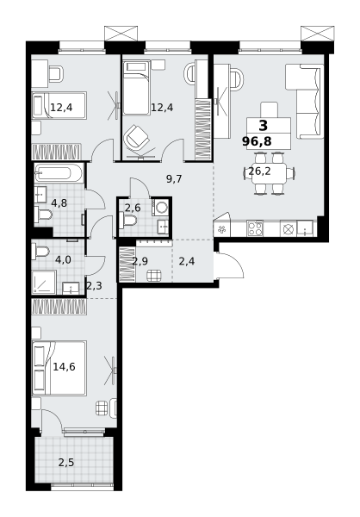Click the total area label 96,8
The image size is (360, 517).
257,141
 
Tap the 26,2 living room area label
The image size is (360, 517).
259,171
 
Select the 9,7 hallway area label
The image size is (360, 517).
174,179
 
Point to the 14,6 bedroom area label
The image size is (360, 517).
64,367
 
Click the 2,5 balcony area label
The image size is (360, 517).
66,463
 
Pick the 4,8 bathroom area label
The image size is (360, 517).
59,203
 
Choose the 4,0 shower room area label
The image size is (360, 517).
63,260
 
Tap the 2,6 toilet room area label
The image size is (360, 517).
133,208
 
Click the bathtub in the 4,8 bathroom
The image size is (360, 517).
58,172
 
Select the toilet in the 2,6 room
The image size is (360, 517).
127,221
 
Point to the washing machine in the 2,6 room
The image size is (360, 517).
160,208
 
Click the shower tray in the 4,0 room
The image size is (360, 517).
44,283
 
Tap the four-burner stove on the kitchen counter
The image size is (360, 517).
255,228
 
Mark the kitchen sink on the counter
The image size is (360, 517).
305,229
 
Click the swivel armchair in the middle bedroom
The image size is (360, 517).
136,136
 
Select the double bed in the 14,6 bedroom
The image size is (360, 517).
59,368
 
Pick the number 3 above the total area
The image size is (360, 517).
264,126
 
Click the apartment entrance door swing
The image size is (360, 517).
229,265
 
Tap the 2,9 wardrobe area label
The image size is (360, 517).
140,261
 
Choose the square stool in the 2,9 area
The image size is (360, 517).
154,276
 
